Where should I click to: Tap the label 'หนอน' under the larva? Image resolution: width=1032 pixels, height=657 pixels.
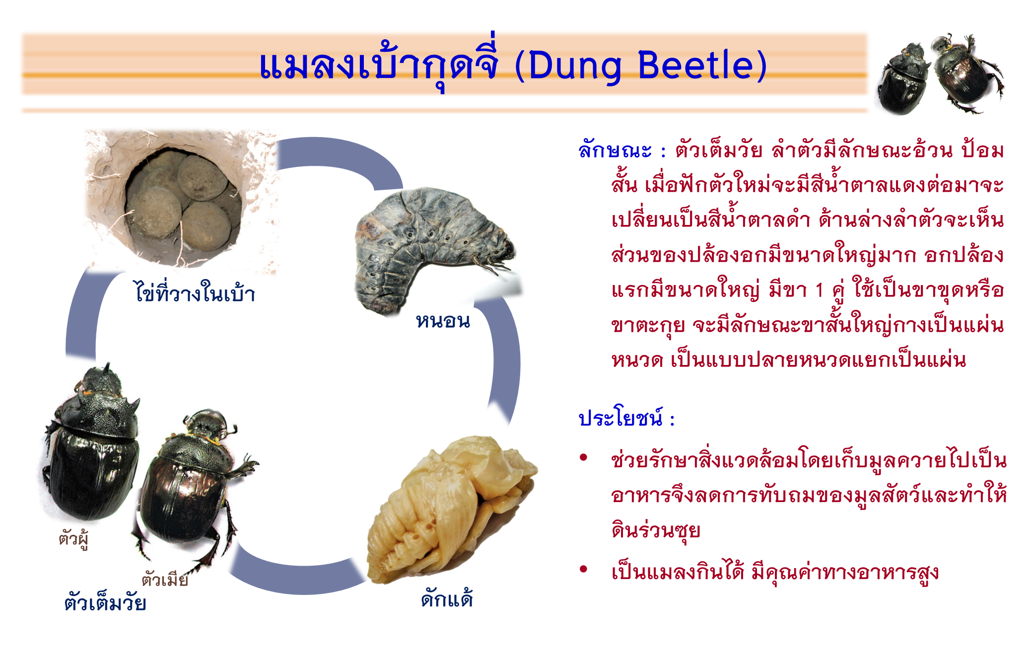click(x=443, y=321)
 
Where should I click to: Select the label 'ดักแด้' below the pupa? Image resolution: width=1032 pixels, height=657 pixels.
click(x=447, y=598)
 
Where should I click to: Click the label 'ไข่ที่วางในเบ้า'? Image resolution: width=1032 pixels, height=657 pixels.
click(x=195, y=292)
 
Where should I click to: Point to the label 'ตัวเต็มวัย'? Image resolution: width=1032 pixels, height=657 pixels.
click(x=105, y=602)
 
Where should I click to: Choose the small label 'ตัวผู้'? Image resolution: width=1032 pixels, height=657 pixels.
click(x=73, y=538)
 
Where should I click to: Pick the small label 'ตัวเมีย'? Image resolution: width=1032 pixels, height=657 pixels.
click(x=165, y=578)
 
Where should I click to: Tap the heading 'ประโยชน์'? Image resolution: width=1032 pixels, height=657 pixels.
click(x=620, y=417)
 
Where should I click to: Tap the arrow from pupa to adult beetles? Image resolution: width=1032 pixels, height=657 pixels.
click(x=298, y=579)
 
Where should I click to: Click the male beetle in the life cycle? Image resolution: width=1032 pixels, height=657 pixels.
click(x=92, y=442)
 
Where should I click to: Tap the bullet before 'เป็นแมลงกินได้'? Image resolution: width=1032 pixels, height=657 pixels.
click(x=584, y=569)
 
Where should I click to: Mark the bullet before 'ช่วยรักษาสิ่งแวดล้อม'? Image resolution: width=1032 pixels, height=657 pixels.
click(x=584, y=457)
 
